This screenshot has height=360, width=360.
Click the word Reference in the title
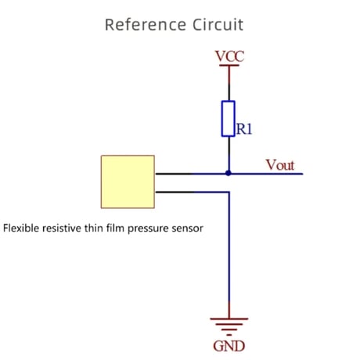click(x=146, y=25)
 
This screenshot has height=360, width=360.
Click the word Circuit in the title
click(x=218, y=25)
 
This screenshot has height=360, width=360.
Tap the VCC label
click(x=229, y=56)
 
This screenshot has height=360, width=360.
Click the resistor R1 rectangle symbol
click(x=229, y=119)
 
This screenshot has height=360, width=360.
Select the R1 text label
click(x=244, y=129)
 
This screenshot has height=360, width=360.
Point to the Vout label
click(x=280, y=165)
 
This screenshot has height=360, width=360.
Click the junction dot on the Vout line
click(x=229, y=173)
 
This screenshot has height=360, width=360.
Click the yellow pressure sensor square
click(x=128, y=182)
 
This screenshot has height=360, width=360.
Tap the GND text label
click(x=229, y=346)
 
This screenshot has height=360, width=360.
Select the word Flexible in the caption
click(x=21, y=228)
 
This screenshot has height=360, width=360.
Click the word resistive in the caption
click(x=62, y=228)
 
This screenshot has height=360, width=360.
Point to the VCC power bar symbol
click(x=229, y=65)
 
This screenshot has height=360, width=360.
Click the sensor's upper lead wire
click(x=192, y=174)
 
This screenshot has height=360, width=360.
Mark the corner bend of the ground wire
click(x=229, y=193)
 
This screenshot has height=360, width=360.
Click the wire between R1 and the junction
click(x=229, y=153)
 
